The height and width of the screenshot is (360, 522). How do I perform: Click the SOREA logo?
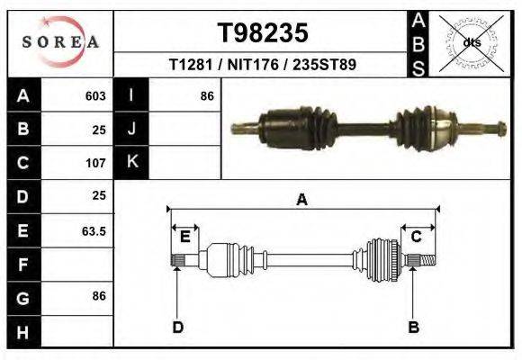coord(59,42)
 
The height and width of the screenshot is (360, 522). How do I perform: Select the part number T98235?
coord(263,33)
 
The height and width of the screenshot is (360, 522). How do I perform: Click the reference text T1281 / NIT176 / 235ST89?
coord(262,65)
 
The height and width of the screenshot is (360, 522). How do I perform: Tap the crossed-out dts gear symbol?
coord(471,41)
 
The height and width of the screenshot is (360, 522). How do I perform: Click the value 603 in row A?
coord(95,95)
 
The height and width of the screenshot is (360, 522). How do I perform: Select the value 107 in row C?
coord(95,163)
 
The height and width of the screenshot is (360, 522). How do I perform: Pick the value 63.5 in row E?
coord(94,231)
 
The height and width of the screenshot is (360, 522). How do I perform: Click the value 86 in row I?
coord(206,95)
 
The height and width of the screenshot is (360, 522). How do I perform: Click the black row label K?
coord(132,162)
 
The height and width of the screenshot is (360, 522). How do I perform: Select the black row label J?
coord(132,129)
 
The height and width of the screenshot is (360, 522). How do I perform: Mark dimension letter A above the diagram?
coord(302,200)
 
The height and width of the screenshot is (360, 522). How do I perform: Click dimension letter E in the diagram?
coord(184,237)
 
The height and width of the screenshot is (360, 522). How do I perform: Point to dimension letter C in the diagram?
coord(417,237)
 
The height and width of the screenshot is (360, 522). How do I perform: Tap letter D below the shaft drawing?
coord(177,327)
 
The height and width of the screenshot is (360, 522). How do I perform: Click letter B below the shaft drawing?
coord(413,327)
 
